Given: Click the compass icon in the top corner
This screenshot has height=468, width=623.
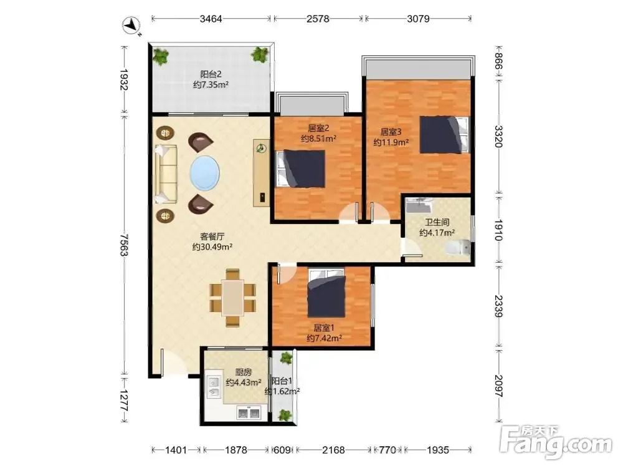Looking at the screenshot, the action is pos(131,26).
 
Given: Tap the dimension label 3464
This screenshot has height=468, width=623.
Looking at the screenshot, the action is pos(211,19).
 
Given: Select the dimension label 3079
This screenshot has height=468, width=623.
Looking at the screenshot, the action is pos(418,19).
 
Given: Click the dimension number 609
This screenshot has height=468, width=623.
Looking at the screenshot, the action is pos(282,450).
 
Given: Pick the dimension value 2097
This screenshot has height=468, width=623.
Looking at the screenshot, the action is pos(499,386).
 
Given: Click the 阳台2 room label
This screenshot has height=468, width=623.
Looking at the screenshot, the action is pos(211,74).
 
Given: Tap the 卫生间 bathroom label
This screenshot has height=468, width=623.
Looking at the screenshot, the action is pos(437,223).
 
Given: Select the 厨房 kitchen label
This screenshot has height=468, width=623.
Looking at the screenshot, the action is pos(243,373).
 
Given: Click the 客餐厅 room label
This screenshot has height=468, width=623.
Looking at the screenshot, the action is pos(212,236).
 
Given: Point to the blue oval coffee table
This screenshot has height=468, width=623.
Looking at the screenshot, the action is pos(204,173).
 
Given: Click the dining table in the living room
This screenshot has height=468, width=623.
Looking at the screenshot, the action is pos(233,297).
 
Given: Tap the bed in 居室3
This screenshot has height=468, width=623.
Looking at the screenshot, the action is pos(445,135).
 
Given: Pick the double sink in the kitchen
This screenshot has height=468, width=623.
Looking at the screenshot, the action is pos(249,413).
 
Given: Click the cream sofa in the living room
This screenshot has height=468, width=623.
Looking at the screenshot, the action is pos(166,174).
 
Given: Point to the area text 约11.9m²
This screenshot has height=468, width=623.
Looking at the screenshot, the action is pos(391,142).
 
